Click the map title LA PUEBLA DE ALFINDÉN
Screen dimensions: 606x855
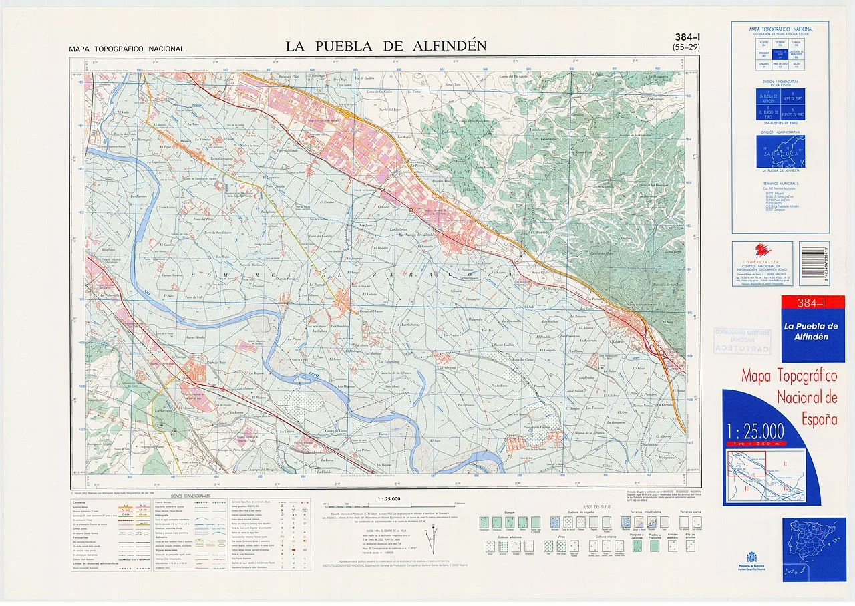click(x=386, y=46)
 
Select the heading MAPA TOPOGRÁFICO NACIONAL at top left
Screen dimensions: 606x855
click(x=126, y=49)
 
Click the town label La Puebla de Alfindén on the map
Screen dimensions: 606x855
click(x=417, y=235)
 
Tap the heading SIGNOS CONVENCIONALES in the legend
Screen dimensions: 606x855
click(x=190, y=496)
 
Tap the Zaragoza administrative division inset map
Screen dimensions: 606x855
click(x=780, y=152)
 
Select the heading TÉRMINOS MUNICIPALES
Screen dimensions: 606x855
click(x=780, y=183)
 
